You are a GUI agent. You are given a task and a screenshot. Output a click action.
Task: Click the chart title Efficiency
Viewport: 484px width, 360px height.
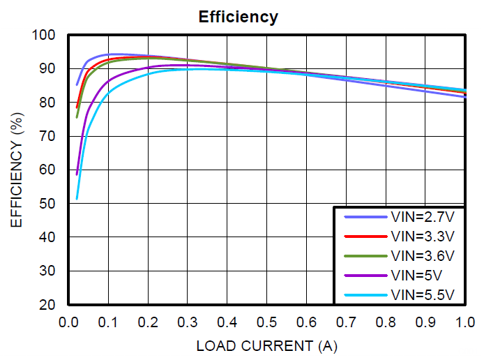click(238, 17)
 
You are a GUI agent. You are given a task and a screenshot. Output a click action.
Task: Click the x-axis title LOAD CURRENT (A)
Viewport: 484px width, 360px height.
click(266, 345)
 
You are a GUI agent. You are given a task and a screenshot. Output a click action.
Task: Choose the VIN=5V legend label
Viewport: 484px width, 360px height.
click(417, 274)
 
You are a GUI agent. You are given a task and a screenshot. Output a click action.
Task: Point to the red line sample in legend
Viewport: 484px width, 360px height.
click(365, 236)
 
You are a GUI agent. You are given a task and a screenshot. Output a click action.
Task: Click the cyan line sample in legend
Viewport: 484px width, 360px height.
click(365, 294)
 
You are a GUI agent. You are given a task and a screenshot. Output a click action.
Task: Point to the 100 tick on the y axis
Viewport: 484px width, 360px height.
click(46, 35)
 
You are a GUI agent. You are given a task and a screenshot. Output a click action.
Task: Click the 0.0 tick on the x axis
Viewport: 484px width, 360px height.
click(68, 322)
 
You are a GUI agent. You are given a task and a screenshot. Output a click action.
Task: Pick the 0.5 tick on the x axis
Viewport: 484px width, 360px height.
click(266, 322)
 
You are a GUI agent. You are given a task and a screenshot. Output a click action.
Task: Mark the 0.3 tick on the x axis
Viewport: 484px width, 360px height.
click(187, 322)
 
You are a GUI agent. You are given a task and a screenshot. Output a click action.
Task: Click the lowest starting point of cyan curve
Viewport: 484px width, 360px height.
click(77, 199)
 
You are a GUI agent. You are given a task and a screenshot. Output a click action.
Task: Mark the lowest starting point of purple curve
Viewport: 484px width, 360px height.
click(77, 174)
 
